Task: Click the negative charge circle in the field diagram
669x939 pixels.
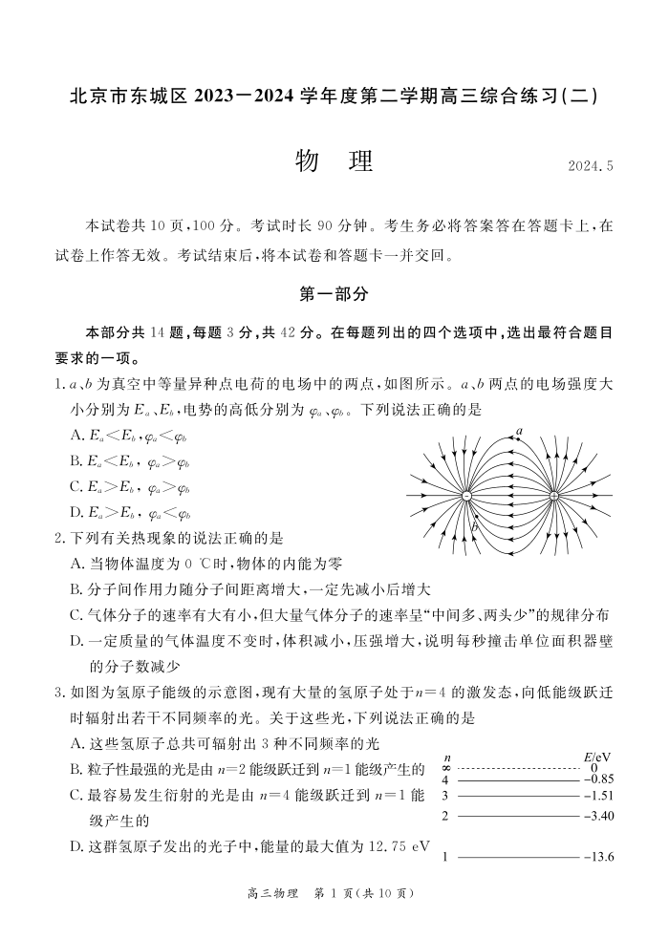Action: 467,497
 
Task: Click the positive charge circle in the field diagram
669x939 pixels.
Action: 554,497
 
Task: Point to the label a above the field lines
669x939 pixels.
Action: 520,432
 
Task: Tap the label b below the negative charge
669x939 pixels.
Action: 473,523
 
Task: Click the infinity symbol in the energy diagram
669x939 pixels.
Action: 445,768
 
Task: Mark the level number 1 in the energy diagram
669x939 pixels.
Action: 445,857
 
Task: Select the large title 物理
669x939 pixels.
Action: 334,161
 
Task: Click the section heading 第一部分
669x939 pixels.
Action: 334,294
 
